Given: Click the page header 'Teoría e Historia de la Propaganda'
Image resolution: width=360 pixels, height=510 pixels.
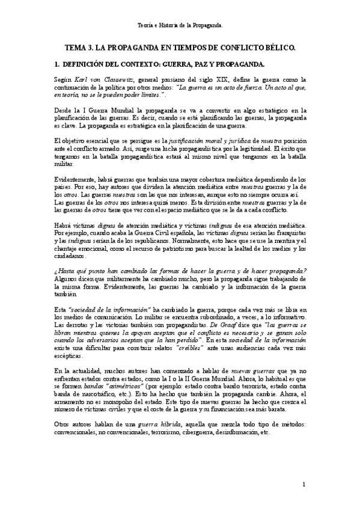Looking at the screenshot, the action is [x=180, y=26].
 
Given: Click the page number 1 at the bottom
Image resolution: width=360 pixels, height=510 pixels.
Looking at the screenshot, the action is [x=304, y=484].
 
